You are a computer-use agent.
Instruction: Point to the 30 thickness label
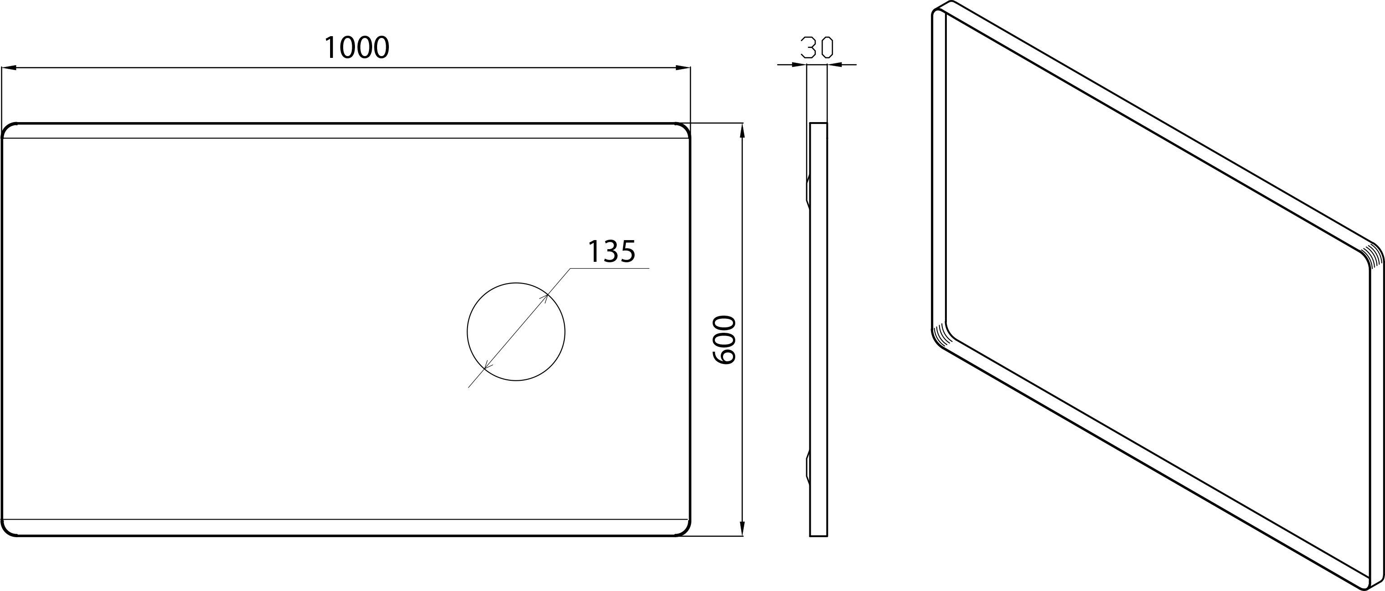point(817,47)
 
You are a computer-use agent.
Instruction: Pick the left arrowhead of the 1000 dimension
point(9,68)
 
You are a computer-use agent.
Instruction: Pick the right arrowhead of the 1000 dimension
point(683,68)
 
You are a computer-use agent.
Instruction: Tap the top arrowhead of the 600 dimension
point(742,131)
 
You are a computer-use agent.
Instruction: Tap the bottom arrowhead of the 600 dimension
point(742,528)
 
